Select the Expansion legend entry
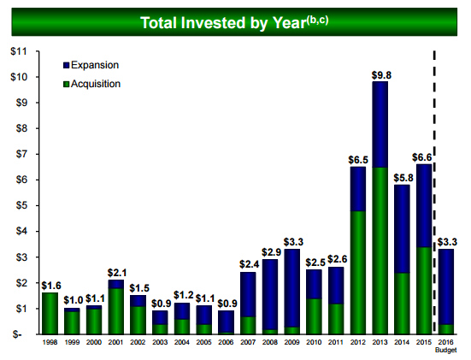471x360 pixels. point(91,65)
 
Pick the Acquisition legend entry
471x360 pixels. point(91,84)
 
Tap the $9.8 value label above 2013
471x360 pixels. point(381,75)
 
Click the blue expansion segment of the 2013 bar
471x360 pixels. point(380,124)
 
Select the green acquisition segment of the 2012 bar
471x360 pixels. point(358,273)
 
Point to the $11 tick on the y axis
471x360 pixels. point(19,51)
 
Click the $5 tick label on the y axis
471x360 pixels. point(21,205)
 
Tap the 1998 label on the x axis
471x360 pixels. point(50,342)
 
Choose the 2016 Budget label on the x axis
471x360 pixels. point(446,345)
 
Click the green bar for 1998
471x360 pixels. point(50,314)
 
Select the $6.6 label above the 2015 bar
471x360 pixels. point(421,157)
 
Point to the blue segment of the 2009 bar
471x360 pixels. point(292,288)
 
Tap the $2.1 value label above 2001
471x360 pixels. point(117,273)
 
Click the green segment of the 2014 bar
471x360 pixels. point(402,304)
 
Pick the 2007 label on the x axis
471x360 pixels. point(248,342)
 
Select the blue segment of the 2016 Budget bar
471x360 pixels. point(445,287)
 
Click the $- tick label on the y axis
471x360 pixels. point(17,334)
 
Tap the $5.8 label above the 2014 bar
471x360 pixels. point(403,178)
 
